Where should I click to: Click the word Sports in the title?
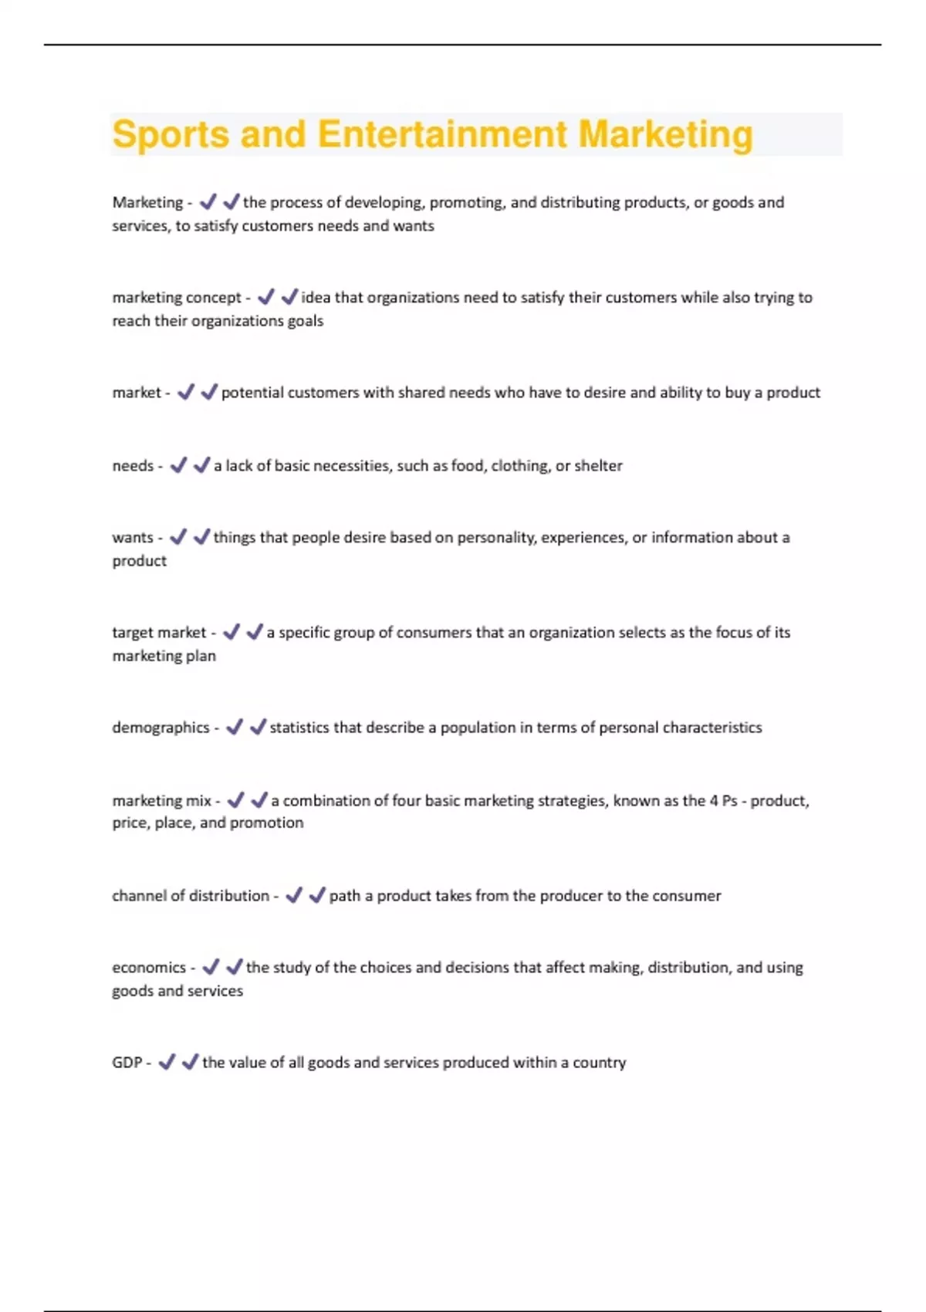click(x=171, y=134)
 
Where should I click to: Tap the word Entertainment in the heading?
click(x=442, y=134)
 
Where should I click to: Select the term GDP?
click(x=127, y=1063)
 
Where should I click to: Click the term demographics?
click(x=161, y=728)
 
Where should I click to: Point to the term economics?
click(x=149, y=968)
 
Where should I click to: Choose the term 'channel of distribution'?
click(x=191, y=896)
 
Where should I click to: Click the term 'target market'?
click(x=159, y=633)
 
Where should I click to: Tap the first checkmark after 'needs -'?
click(x=178, y=465)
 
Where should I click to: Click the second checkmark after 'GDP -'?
click(x=190, y=1063)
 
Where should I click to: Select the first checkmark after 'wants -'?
click(x=178, y=537)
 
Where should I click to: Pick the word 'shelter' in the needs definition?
click(x=599, y=466)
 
